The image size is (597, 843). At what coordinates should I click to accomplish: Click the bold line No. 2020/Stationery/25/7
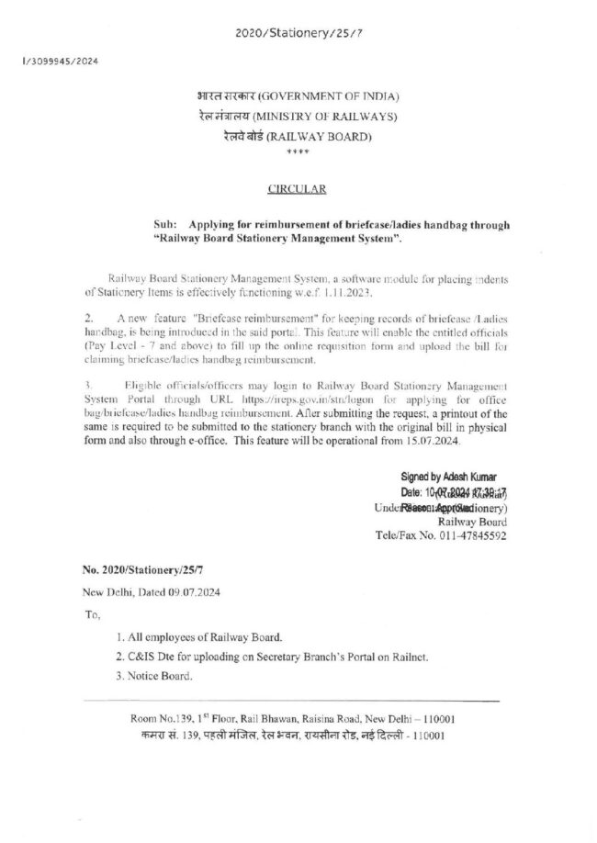(141, 569)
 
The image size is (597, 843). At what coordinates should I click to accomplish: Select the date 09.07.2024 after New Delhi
(184, 592)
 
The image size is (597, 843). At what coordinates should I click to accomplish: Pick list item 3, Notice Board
(155, 676)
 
